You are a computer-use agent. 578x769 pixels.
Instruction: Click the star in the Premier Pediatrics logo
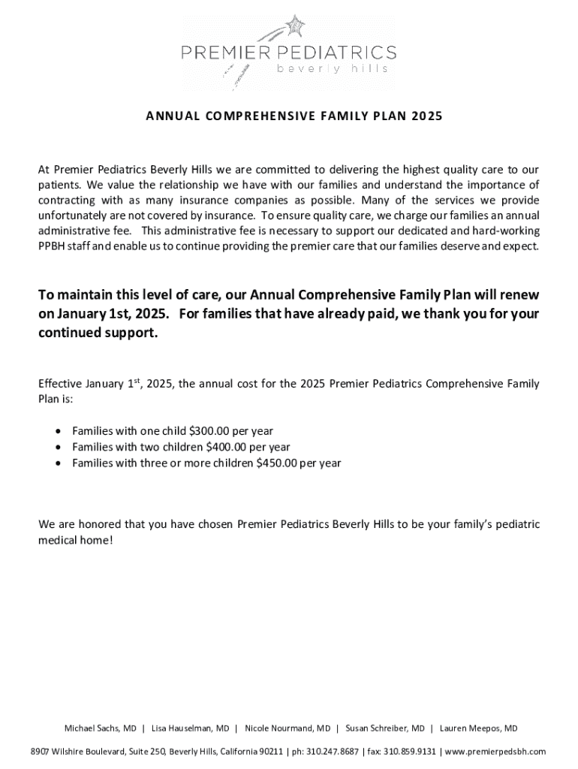coord(297,26)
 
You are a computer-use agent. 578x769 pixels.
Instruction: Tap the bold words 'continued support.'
coord(98,332)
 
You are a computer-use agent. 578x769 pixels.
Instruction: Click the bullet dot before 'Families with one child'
coord(59,432)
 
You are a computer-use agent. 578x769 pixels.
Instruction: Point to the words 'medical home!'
coord(76,540)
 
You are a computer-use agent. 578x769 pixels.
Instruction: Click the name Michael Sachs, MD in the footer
coord(100,728)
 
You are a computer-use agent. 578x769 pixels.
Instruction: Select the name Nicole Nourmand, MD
coord(287,728)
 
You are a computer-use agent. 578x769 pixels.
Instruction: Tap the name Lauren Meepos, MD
coord(478,728)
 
